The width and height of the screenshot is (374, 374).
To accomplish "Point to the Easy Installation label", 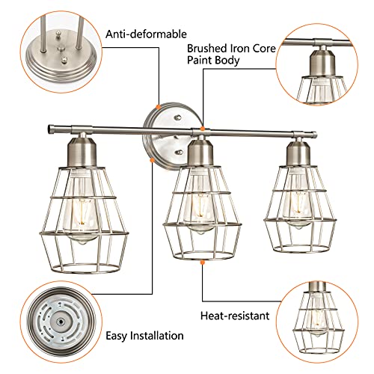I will point(146,336).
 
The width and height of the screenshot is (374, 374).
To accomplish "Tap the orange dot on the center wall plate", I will point(156,108).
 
